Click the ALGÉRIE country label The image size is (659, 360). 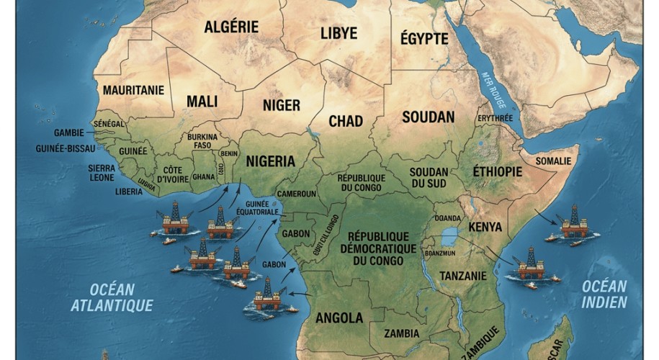230,27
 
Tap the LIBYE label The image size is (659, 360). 339,33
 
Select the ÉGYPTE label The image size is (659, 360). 423,39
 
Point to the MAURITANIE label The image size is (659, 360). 133,91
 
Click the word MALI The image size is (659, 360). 202,102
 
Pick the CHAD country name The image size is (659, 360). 346,121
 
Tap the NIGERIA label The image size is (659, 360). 271,161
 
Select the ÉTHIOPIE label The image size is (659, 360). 497,171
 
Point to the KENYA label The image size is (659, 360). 485,228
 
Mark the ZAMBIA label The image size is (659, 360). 402,333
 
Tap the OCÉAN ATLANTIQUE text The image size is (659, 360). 112,297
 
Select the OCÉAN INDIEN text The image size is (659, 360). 605,294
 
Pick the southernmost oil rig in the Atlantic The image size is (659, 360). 266,296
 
